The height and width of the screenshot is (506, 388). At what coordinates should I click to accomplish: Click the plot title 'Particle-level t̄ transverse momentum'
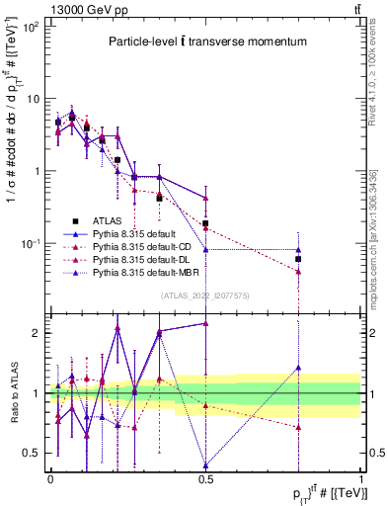pyautogui.click(x=206, y=42)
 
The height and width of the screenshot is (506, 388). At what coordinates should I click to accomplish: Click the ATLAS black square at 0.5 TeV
pyautogui.click(x=205, y=223)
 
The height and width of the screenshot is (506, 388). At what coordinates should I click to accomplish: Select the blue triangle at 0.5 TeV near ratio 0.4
pyautogui.click(x=205, y=465)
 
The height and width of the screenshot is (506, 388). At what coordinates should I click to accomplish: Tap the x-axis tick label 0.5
pyautogui.click(x=205, y=478)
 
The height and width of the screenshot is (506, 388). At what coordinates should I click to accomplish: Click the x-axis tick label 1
pyautogui.click(x=360, y=478)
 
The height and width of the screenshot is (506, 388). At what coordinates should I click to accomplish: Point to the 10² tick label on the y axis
pyautogui.click(x=32, y=27)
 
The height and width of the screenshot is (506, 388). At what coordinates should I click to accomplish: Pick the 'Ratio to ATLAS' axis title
pyautogui.click(x=12, y=393)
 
